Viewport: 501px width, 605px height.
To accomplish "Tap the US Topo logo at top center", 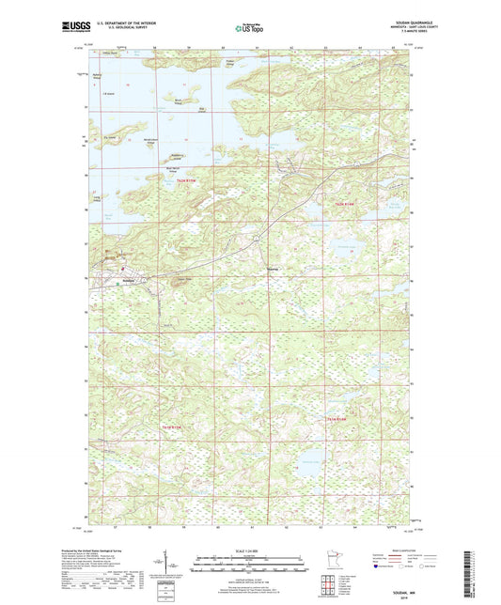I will coord(249,28).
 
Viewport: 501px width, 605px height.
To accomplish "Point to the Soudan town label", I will coord(127,281).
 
